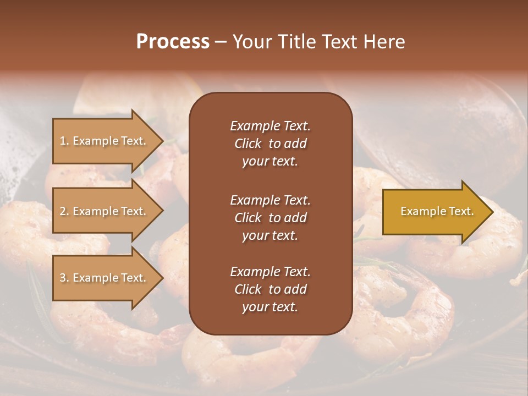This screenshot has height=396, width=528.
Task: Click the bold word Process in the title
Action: pos(173,42)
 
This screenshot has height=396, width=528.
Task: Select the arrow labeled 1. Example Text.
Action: pos(105,141)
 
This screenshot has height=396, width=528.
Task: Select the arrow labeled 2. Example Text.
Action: pos(105,211)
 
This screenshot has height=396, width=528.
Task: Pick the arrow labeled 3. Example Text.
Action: pos(105,278)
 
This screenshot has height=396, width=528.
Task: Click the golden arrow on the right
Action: pos(435,211)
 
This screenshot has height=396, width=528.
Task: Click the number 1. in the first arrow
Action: pos(64,141)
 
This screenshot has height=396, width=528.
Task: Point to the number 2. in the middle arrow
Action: pos(64,211)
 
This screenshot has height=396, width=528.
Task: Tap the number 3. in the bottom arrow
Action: pos(64,278)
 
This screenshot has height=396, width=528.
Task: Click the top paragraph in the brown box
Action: pos(270,144)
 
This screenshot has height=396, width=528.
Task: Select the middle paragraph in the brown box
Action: pos(270,217)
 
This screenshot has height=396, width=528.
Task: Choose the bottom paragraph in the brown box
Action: pos(270,289)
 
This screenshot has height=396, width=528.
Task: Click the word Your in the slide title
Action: pos(251,42)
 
